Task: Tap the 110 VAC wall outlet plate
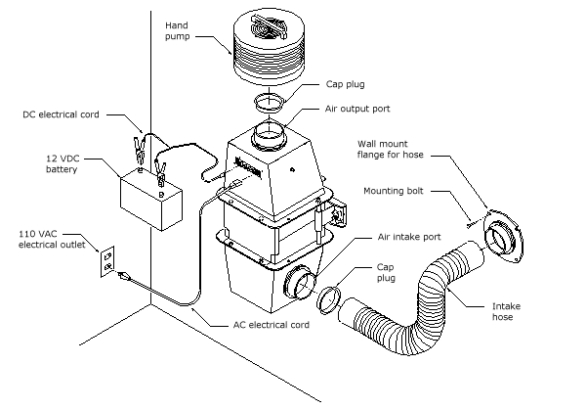108,261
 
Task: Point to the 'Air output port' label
357,111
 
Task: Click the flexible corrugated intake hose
420,303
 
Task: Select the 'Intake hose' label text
505,311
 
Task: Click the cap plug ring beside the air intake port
330,295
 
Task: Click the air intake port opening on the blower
295,285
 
